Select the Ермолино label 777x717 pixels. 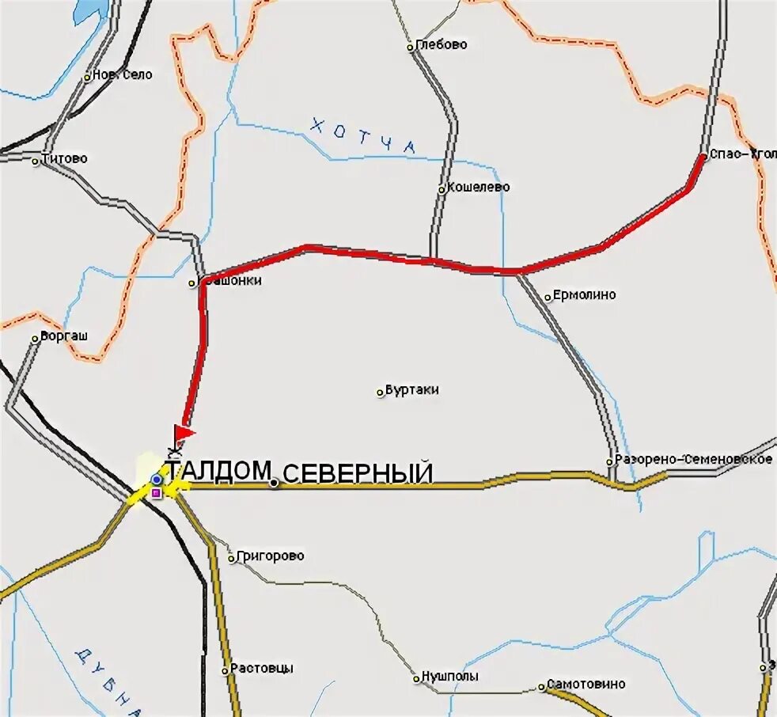point(584,295)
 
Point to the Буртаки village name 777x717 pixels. point(411,390)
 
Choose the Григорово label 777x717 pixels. point(270,556)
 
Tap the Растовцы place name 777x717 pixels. point(262,669)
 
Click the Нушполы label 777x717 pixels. point(449,677)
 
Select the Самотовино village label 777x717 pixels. point(586,685)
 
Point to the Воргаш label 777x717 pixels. point(64,336)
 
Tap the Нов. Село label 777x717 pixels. point(123,75)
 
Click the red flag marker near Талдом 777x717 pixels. point(184,433)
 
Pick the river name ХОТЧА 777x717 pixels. point(363,135)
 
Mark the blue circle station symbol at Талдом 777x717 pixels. point(157,480)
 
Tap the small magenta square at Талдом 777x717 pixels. point(156,493)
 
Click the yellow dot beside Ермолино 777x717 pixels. point(548,298)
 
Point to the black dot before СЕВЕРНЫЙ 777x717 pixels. point(274,483)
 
